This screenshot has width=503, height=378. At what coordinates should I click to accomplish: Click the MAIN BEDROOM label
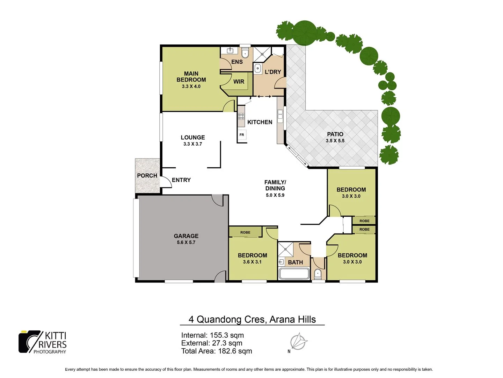tap(191, 77)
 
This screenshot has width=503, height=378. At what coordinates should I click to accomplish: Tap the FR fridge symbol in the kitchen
tap(242, 135)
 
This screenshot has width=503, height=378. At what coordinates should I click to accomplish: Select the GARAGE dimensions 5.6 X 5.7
tap(186, 242)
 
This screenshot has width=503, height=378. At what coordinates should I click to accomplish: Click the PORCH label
tap(147, 175)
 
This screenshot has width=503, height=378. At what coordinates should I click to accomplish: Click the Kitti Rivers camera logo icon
tap(30, 342)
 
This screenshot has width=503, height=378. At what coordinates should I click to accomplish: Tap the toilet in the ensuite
tap(245, 54)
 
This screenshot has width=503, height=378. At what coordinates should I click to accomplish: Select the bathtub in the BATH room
tap(294, 273)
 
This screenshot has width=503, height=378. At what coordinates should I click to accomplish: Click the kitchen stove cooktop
tap(241, 116)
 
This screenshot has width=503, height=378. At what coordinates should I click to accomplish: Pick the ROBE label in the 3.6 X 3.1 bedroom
tap(245, 232)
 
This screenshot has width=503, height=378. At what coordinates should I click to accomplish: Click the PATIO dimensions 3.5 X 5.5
tap(335, 141)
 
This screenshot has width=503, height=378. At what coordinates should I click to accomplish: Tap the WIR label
tap(239, 82)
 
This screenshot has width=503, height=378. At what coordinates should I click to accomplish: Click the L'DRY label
tap(273, 72)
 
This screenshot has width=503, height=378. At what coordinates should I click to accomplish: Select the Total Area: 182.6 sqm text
tap(217, 351)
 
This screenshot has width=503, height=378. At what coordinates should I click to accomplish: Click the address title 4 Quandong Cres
tap(252, 319)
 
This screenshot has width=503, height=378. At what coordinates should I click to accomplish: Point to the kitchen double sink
tap(280, 116)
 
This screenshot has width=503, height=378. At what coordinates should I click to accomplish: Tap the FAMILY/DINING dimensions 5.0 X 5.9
tap(275, 195)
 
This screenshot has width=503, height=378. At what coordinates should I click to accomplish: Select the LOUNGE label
tap(193, 138)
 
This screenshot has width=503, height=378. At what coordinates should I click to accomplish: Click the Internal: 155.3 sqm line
tap(212, 335)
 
